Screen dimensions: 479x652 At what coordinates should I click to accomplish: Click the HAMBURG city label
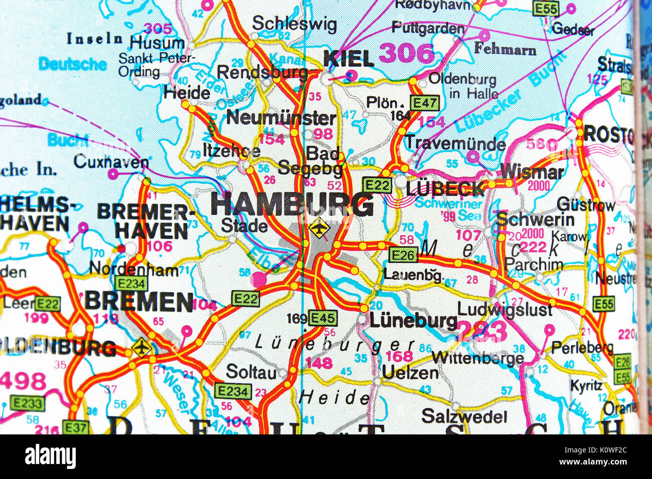click(x=292, y=204)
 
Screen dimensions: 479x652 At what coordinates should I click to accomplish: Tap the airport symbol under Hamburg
click(x=319, y=228)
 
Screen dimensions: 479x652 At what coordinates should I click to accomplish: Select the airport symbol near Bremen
click(x=142, y=347)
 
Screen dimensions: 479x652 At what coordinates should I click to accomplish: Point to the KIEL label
click(x=349, y=59)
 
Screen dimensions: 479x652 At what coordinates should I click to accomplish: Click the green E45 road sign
click(x=322, y=318)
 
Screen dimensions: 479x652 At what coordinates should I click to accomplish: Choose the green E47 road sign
click(x=424, y=103)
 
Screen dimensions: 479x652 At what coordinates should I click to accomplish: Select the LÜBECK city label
click(x=446, y=188)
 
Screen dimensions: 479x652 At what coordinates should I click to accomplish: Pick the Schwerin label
click(x=535, y=219)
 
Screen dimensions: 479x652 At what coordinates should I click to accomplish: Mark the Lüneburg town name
click(x=413, y=321)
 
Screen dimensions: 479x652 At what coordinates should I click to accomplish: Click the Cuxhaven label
click(x=111, y=162)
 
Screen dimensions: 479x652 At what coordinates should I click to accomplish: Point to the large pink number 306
click(x=406, y=53)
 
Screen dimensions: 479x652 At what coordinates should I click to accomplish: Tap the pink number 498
click(x=23, y=381)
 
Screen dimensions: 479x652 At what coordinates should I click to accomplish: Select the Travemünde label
click(x=455, y=143)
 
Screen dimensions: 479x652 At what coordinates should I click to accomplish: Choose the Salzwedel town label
click(x=464, y=416)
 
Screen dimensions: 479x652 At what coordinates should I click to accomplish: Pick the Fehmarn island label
click(x=505, y=49)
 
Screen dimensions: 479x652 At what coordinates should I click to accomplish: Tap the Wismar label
click(x=532, y=172)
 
